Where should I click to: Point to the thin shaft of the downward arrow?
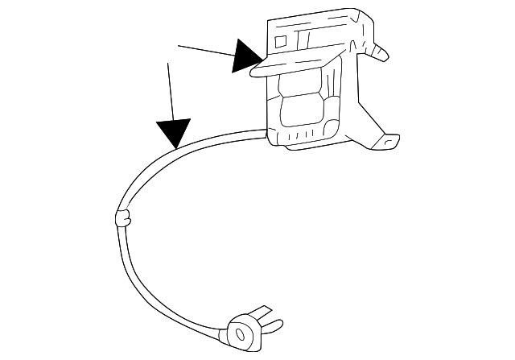(170, 89)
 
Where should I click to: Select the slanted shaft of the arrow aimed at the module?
(205, 52)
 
